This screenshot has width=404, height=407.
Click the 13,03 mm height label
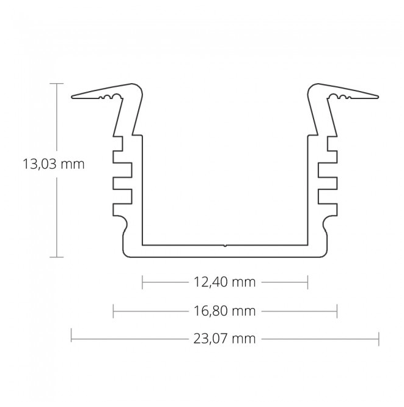point(53,164)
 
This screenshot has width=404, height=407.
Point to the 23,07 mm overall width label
point(224,338)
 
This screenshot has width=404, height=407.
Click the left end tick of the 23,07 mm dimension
point(72,336)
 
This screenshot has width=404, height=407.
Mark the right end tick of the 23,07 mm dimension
point(379,338)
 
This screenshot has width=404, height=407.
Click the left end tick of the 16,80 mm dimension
point(114,311)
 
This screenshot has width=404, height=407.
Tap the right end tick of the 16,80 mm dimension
point(337,311)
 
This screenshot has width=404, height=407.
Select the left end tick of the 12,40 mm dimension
point(142,282)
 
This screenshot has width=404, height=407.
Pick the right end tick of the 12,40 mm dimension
point(307,282)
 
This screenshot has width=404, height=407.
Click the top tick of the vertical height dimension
point(57,83)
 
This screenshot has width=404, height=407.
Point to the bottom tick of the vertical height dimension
point(57,257)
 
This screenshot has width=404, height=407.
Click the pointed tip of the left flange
point(73,96)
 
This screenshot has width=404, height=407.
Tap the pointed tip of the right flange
point(378,96)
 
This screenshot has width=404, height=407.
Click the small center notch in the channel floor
point(225,246)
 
